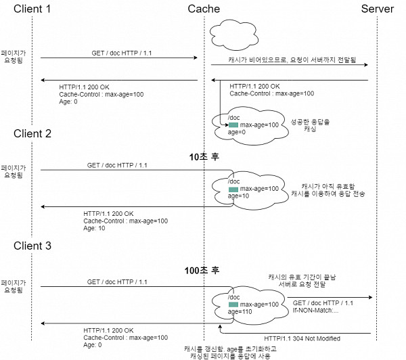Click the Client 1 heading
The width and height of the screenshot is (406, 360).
click(x=32, y=9)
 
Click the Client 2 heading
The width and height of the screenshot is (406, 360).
click(x=32, y=133)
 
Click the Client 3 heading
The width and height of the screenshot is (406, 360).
click(x=32, y=246)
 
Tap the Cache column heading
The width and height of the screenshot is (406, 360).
click(x=204, y=9)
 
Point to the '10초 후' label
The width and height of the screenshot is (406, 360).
click(x=204, y=156)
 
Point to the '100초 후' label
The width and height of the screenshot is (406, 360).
click(x=204, y=271)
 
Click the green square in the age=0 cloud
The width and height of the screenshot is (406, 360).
click(x=233, y=125)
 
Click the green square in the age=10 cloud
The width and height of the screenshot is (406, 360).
click(x=233, y=188)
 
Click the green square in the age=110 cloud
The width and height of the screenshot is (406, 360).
click(x=233, y=305)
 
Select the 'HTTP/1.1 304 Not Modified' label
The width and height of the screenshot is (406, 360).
click(x=302, y=338)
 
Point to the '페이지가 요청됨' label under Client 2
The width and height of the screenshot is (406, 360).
click(x=13, y=171)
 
